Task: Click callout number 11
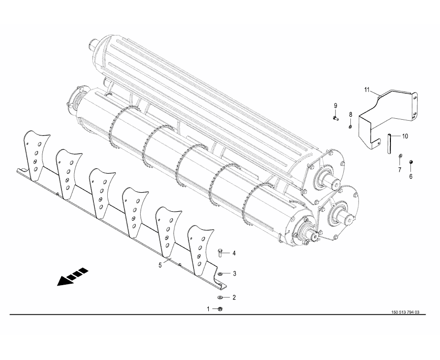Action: click(367, 90)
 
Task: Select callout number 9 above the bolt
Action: click(335, 106)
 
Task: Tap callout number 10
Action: click(405, 136)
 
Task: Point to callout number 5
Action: click(160, 265)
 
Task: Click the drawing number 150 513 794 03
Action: click(405, 312)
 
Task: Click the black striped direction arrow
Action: click(72, 277)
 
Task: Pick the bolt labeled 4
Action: click(220, 253)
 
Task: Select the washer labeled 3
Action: click(220, 274)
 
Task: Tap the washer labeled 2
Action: click(220, 297)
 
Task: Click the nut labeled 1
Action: click(220, 309)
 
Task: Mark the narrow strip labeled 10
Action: click(389, 144)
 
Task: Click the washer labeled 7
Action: click(400, 155)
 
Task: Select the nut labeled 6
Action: click(410, 162)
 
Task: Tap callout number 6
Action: click(410, 176)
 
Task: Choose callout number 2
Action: click(234, 298)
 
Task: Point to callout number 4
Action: click(234, 253)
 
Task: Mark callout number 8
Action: click(350, 114)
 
